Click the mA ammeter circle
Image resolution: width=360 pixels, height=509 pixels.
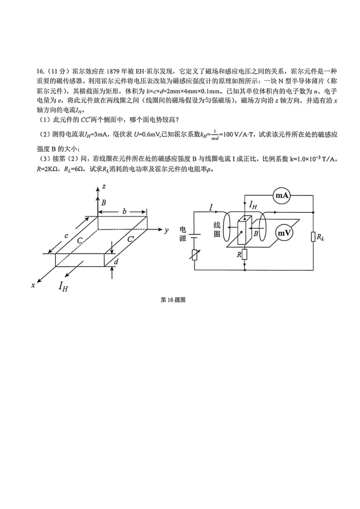(282, 195)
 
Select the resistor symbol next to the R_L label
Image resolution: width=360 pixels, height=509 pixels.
(313, 237)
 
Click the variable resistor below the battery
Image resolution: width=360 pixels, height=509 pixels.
(194, 255)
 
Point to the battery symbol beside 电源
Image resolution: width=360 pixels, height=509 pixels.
(194, 236)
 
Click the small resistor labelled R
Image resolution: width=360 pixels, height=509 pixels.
(245, 254)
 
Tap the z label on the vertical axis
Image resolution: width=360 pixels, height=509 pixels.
(104, 187)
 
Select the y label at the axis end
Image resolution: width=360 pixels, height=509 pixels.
(166, 231)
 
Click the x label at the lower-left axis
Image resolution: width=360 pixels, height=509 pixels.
(33, 285)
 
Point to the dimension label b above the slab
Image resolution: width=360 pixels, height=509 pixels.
(124, 211)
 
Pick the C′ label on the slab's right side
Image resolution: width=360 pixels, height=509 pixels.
(131, 240)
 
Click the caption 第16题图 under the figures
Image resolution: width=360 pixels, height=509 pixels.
(173, 300)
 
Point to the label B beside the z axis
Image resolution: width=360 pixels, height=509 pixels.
(104, 203)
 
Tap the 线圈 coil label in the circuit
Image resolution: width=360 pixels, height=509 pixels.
(217, 230)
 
